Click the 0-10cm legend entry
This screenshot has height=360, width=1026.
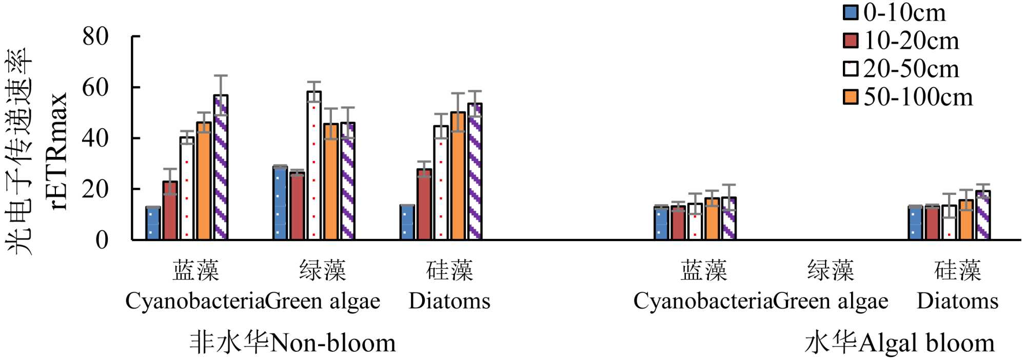(x=895, y=12)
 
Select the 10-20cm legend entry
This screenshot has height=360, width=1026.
(x=902, y=41)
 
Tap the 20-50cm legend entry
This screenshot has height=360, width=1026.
(x=902, y=69)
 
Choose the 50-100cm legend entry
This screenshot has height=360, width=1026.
(x=909, y=97)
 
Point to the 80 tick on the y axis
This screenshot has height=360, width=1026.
(x=96, y=36)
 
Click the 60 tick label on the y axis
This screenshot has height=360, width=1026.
(x=96, y=87)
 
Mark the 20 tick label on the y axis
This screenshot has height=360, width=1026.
(x=96, y=189)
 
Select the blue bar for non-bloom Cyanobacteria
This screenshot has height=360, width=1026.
(x=153, y=223)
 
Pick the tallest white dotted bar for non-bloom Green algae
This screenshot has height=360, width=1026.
(x=314, y=166)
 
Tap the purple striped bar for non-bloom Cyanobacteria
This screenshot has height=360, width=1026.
(x=221, y=167)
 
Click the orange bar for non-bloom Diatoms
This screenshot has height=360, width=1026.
(x=458, y=176)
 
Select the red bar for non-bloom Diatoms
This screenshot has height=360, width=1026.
(x=424, y=204)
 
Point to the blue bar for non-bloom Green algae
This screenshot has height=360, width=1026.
(x=280, y=203)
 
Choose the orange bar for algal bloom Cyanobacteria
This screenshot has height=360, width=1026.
(x=712, y=219)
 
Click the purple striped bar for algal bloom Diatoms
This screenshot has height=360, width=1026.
(x=983, y=215)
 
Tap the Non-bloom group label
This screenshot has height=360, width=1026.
(x=293, y=343)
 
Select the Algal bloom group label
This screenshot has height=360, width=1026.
(x=900, y=343)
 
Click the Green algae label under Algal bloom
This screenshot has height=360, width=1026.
(x=831, y=301)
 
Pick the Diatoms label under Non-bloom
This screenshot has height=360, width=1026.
(x=449, y=301)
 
